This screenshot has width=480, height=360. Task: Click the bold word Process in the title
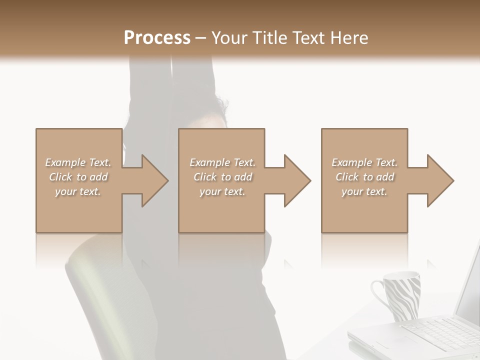click(x=157, y=37)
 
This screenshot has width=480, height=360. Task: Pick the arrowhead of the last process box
click(x=440, y=180)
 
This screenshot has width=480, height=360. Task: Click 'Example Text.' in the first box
click(x=78, y=162)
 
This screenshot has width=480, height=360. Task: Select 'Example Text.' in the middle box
click(x=222, y=162)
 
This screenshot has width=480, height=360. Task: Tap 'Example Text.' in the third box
click(x=364, y=162)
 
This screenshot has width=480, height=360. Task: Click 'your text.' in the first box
click(x=78, y=191)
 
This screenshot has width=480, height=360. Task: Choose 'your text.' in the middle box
click(x=222, y=191)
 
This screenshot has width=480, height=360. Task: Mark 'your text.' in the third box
click(x=364, y=191)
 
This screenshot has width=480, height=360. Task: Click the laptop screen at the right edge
click(x=470, y=290)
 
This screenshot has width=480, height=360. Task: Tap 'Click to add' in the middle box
click(x=222, y=177)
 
